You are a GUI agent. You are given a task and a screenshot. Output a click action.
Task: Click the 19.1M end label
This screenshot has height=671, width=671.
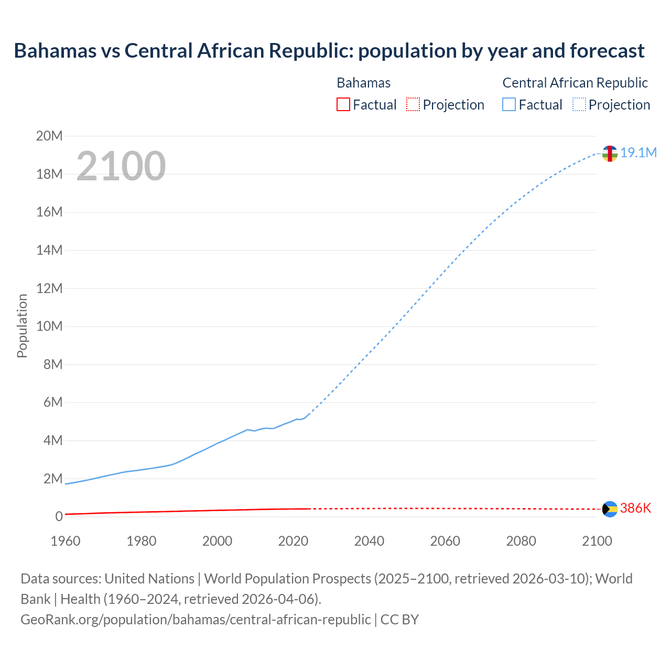(638, 153)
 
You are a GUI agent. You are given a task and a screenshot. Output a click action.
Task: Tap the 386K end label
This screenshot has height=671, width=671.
(635, 508)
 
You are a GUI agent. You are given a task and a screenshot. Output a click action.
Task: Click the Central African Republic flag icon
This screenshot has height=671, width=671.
(610, 154)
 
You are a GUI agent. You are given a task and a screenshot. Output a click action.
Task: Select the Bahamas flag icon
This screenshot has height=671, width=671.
(610, 509)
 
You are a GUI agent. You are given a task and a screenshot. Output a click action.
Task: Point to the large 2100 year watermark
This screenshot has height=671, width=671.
(121, 166)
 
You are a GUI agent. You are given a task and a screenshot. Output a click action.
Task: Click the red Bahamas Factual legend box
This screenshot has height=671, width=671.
(343, 104)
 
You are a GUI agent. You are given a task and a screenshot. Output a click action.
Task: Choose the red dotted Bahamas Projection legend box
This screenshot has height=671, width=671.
(413, 104)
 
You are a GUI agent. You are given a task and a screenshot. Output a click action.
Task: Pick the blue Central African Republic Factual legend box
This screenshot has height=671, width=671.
(509, 104)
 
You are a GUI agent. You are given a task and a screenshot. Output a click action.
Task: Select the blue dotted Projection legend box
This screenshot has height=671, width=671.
(579, 104)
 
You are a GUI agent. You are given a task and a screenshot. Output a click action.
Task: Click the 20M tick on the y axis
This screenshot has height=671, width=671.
(49, 136)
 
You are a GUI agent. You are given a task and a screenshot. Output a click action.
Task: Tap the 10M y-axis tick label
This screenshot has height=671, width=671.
(49, 326)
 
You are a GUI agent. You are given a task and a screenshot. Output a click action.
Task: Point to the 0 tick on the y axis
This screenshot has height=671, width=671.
(59, 516)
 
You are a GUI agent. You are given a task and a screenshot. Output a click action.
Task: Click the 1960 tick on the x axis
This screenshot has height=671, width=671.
(66, 541)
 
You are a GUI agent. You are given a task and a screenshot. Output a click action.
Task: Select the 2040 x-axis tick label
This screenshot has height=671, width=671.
(369, 541)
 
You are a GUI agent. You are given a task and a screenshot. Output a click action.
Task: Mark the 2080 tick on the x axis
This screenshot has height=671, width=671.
(521, 541)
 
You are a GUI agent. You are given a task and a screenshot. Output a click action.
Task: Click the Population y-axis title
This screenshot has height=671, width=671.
(22, 326)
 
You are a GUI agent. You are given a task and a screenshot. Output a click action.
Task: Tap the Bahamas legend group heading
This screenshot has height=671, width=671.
(363, 83)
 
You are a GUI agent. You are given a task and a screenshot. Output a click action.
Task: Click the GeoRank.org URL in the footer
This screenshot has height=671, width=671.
(196, 619)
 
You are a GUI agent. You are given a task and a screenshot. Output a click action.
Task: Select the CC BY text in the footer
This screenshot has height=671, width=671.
(399, 619)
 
